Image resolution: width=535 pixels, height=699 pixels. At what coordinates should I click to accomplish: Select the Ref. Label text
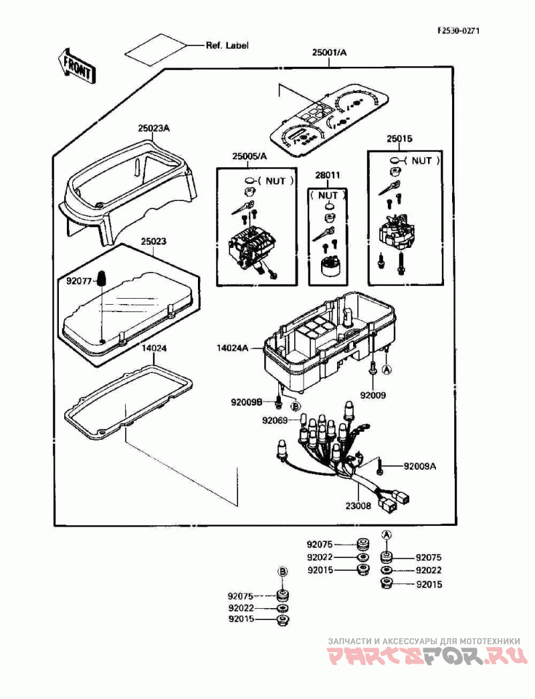coord(227,45)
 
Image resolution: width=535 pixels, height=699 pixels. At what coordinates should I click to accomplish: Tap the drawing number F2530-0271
coord(459,31)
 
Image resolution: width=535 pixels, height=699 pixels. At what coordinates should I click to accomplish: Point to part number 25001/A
coord(329,53)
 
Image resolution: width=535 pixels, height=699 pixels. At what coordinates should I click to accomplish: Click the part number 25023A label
coord(154,128)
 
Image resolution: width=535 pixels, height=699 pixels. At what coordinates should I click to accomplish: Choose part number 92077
coord(79,281)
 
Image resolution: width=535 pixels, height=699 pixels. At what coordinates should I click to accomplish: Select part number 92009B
coord(246,402)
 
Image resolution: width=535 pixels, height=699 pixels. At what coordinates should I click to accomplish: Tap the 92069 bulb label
coord(275,420)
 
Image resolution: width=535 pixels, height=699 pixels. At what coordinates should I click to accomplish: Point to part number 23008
coord(358,506)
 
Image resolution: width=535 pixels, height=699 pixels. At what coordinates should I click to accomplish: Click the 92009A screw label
coord(420,466)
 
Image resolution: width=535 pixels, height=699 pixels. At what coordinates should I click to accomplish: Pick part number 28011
coord(328,175)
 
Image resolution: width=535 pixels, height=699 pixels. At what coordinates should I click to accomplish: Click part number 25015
coord(399,138)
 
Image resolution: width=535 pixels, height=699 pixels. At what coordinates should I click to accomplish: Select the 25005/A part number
coord(249,156)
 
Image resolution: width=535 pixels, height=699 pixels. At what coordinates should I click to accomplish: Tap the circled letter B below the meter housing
coord(296,406)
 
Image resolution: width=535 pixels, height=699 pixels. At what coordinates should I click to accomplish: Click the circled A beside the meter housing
coord(387,369)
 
